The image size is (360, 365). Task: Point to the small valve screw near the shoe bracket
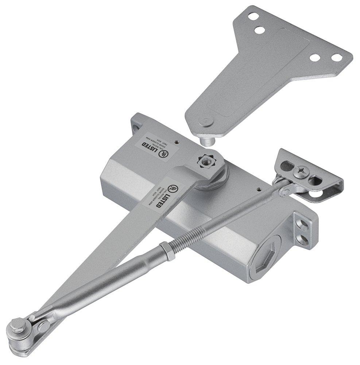259,190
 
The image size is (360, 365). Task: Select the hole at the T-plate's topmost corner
251,16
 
